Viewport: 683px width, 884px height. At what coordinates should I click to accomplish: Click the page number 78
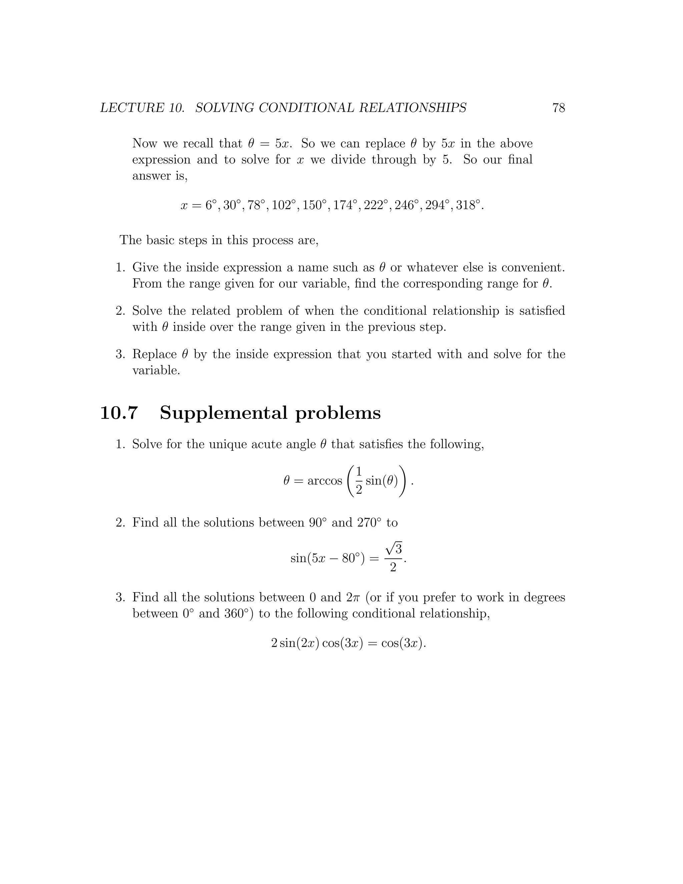(558, 108)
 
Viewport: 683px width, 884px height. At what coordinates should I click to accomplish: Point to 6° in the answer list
(211, 205)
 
